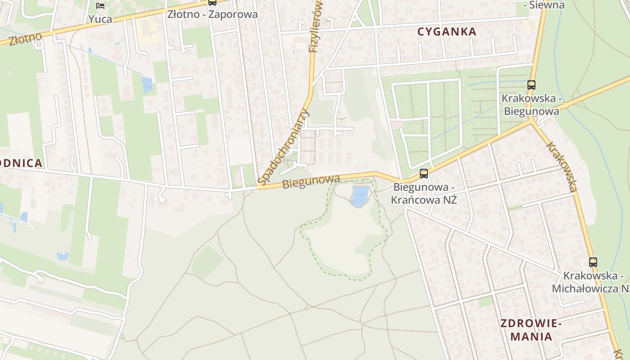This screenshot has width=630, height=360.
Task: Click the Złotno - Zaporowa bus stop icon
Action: click(x=212, y=2)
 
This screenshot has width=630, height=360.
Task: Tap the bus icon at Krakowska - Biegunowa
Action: click(x=531, y=84)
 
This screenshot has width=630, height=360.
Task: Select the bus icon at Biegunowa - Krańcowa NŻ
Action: click(x=423, y=173)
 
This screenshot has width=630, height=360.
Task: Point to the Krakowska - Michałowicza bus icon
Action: click(x=593, y=262)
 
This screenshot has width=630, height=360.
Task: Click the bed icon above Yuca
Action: click(x=100, y=6)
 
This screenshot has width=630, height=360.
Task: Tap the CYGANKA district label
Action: click(x=447, y=31)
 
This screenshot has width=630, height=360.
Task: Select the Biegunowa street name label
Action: click(x=311, y=181)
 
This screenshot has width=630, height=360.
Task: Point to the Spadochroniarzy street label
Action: click(x=284, y=147)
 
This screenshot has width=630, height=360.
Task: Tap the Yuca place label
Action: click(x=100, y=19)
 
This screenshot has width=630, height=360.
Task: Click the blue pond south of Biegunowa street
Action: click(x=360, y=196)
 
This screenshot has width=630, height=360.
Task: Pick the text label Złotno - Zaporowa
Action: click(x=212, y=14)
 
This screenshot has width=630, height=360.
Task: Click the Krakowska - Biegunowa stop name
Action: click(x=531, y=104)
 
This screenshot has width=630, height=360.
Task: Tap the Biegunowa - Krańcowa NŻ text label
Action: click(x=424, y=193)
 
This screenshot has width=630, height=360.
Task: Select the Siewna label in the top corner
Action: click(x=544, y=5)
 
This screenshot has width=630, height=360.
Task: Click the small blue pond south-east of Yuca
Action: click(x=147, y=84)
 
